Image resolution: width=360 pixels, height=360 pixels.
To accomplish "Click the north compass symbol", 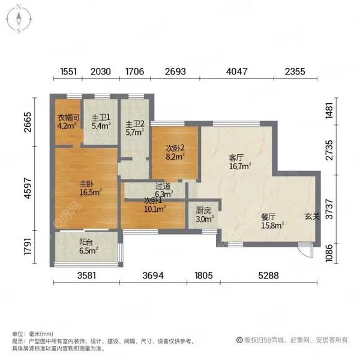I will [x=19, y=19].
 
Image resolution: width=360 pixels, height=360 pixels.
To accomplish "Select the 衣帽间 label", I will [x=66, y=118].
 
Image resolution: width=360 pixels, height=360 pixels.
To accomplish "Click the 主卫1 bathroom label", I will [x=99, y=118].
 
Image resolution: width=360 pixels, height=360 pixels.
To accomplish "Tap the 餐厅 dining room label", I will [x=268, y=217].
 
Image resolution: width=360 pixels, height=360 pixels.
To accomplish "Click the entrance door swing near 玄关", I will [x=307, y=251].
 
